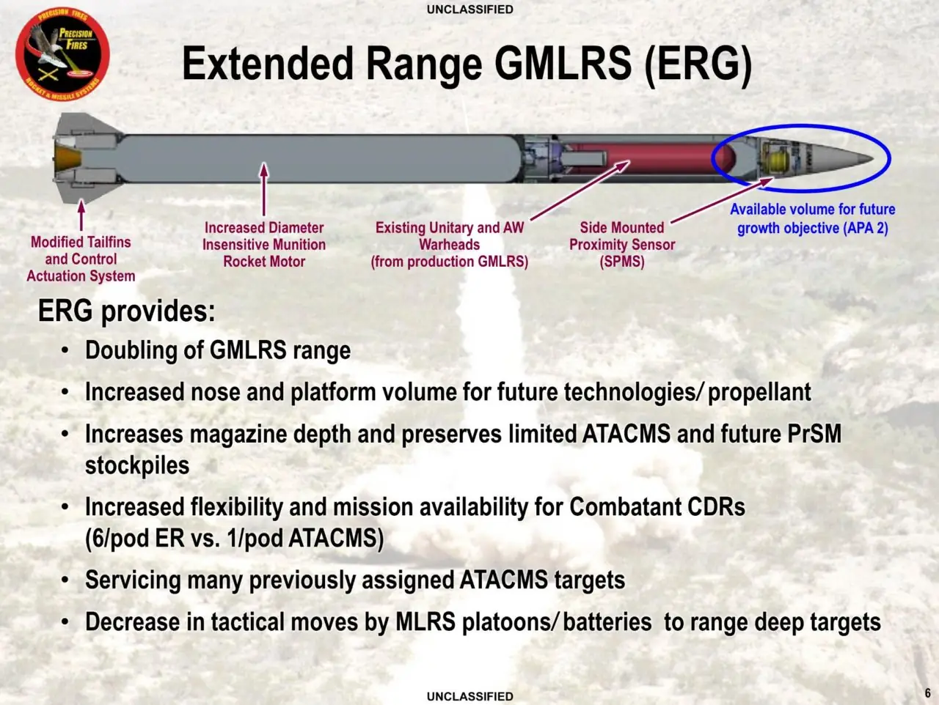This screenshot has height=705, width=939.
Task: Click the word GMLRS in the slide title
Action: pos(562,64)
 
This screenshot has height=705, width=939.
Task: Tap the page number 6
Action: pos(927,693)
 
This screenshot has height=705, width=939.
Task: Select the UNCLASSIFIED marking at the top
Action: pos(469,10)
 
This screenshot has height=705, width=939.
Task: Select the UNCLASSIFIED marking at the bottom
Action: pos(469,696)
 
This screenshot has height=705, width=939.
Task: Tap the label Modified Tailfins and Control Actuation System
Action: pos(81,259)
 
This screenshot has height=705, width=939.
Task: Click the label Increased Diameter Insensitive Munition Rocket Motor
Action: pos(264,245)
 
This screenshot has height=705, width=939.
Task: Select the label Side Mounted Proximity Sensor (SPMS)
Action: pos(621,245)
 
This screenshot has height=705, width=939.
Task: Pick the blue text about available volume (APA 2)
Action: pos(812,218)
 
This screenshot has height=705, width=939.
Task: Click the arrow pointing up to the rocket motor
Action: pos(264,190)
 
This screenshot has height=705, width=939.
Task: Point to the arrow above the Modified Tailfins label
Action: pos(81,214)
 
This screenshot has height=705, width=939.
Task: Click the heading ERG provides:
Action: pos(126,311)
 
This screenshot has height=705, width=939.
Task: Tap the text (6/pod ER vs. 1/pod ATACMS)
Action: pos(234,539)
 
